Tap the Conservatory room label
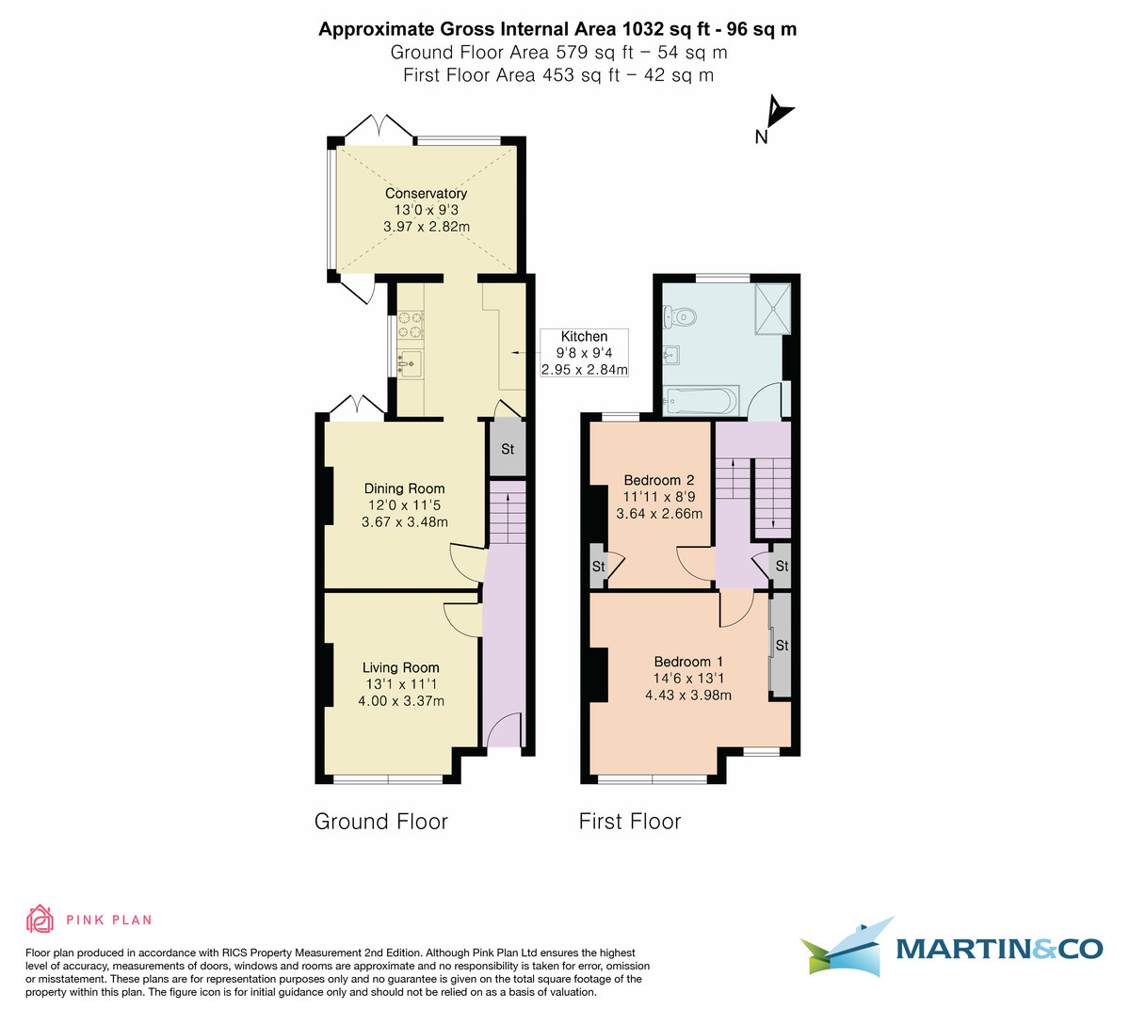pyautogui.click(x=426, y=193)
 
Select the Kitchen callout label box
pyautogui.click(x=584, y=353)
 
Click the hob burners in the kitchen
pyautogui.click(x=411, y=324)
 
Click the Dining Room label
pyautogui.click(x=404, y=488)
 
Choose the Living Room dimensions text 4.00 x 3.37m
pyautogui.click(x=401, y=701)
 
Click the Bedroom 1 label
pyautogui.click(x=687, y=662)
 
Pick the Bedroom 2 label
pyautogui.click(x=658, y=480)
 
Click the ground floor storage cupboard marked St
pyautogui.click(x=507, y=449)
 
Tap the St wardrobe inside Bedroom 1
pyautogui.click(x=781, y=646)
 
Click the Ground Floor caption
pyautogui.click(x=380, y=822)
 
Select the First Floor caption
pyautogui.click(x=629, y=822)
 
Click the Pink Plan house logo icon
pyautogui.click(x=40, y=919)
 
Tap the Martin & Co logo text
pyautogui.click(x=998, y=948)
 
